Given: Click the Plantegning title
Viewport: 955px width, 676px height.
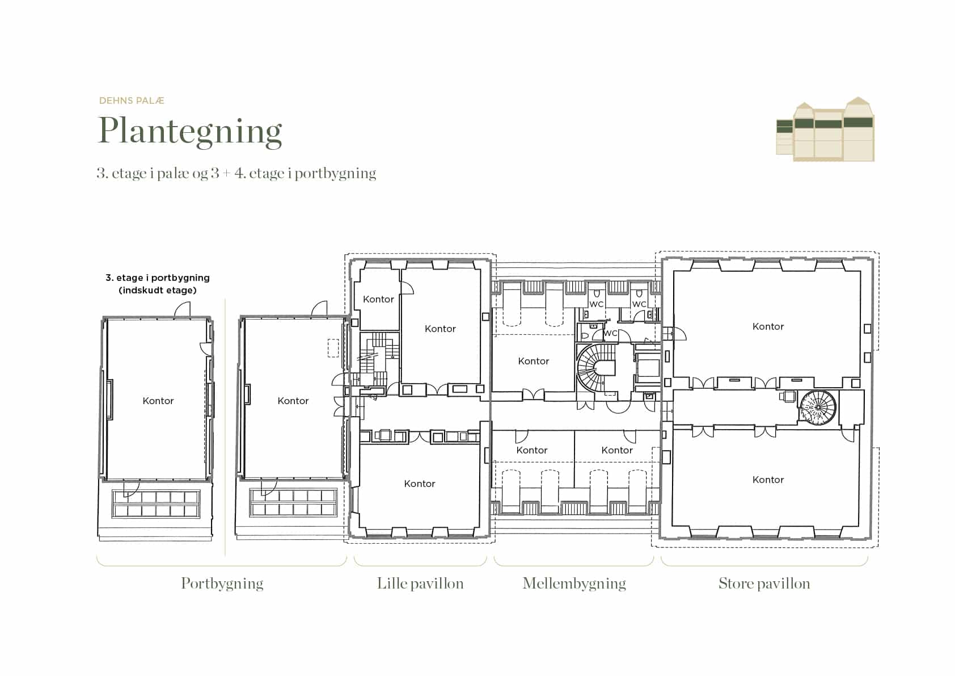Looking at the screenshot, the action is coord(190,132).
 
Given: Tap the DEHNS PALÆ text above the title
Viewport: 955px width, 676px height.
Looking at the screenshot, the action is coord(132,100).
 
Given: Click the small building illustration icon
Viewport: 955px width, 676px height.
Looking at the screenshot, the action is coord(825,129).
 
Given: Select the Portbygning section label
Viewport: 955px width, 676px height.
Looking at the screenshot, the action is coord(222,583).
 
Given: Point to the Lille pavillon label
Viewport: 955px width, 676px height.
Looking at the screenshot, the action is coord(420,583).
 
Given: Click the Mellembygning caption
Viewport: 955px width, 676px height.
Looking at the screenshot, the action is coord(574,583).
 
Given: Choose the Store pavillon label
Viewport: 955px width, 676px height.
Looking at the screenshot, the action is coord(764,583).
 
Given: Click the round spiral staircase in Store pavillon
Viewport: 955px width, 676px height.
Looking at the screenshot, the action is coord(818,407).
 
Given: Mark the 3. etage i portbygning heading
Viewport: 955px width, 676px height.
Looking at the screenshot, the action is coord(157,278).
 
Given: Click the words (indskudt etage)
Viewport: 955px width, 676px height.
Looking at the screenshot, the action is coord(157,291).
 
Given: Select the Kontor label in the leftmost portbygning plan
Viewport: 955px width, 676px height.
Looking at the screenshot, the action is coord(158,401).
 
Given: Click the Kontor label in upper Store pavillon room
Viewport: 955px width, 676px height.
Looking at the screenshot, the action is coord(768,326).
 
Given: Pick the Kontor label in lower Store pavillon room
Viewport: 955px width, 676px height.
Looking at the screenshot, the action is coord(768,480).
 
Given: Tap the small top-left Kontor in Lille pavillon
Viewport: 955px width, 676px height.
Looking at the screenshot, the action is coord(379,299).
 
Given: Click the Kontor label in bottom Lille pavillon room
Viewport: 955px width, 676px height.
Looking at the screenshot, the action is coord(420,484).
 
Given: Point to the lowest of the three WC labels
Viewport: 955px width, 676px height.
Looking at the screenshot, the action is coord(610,333).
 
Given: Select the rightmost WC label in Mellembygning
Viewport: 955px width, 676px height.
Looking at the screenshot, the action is coord(639,304).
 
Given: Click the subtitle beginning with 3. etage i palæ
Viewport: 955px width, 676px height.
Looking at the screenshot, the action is coord(236,173).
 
